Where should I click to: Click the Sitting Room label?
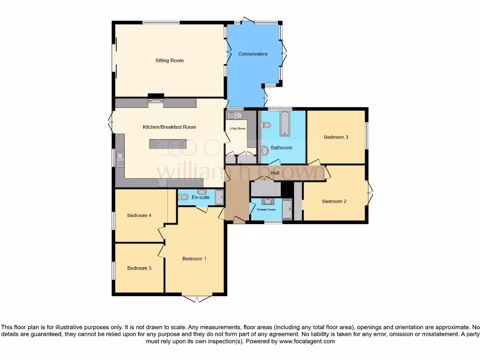[169, 60]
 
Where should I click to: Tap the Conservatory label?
[253, 54]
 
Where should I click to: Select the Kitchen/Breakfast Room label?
[169, 127]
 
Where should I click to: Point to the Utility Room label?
[237, 128]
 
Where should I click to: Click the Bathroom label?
[281, 148]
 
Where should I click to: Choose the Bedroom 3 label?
[336, 137]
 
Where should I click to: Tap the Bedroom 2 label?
[334, 202]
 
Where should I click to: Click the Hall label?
[275, 173]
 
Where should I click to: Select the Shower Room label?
[266, 210]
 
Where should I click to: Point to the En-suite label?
[201, 198]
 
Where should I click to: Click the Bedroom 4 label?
[139, 216]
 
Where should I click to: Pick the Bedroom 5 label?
[139, 269]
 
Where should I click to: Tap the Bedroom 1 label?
[194, 259]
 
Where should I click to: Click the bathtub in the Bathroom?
[284, 124]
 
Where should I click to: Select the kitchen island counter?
[168, 144]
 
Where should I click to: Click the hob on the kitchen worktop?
[163, 183]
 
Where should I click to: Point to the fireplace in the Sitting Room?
[156, 97]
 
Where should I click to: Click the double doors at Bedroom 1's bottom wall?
[197, 298]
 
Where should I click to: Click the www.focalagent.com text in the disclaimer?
[307, 342]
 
